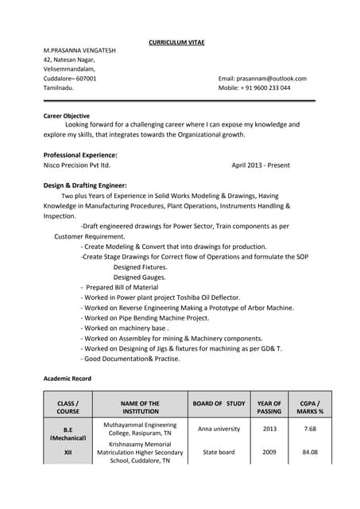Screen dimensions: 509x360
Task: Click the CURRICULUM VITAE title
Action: (x=180, y=41)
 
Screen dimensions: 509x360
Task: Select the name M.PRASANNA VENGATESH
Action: (x=79, y=50)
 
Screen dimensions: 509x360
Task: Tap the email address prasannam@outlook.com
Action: (x=262, y=79)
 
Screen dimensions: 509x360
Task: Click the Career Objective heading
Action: (x=66, y=116)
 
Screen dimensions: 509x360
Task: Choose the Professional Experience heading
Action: (x=80, y=154)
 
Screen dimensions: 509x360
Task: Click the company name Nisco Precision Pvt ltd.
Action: (x=76, y=165)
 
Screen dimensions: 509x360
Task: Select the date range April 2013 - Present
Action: (x=261, y=165)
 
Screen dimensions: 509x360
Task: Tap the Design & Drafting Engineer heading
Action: (x=85, y=185)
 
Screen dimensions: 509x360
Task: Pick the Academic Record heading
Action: (x=67, y=379)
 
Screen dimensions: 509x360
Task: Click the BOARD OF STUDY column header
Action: (x=219, y=403)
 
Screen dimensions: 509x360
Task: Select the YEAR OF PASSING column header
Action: (x=269, y=408)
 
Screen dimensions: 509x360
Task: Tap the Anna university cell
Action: (x=219, y=429)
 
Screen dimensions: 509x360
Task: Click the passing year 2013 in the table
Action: (x=269, y=429)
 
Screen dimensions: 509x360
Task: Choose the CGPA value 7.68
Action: (x=310, y=429)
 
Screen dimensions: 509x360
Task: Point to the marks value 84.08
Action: (x=310, y=453)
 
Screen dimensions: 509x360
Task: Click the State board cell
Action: (x=219, y=453)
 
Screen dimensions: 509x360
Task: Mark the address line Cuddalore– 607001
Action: (x=70, y=79)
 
